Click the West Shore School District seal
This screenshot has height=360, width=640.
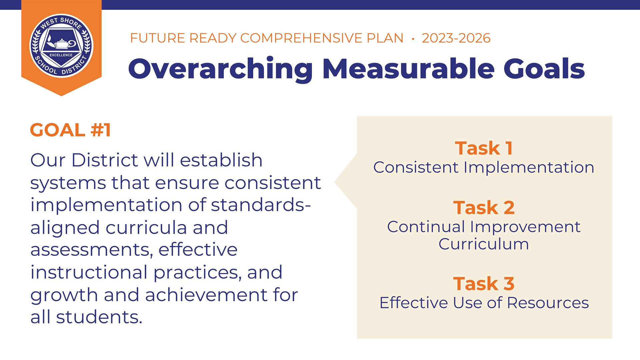61,46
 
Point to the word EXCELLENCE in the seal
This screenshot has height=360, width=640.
61,55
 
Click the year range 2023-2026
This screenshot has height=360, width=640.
456,38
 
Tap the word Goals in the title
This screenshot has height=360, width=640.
544,68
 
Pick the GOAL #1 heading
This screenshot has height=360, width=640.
70,130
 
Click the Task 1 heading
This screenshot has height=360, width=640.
484,148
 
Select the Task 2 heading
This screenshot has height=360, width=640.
484,207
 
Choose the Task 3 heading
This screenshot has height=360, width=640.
484,283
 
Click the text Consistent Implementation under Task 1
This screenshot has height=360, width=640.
484,167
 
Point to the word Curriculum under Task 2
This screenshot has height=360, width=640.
484,244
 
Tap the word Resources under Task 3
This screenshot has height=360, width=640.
548,303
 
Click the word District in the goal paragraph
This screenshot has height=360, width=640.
104,160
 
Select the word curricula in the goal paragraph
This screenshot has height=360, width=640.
146,227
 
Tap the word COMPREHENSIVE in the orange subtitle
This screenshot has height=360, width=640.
322,38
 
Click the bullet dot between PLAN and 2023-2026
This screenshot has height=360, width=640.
413,39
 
